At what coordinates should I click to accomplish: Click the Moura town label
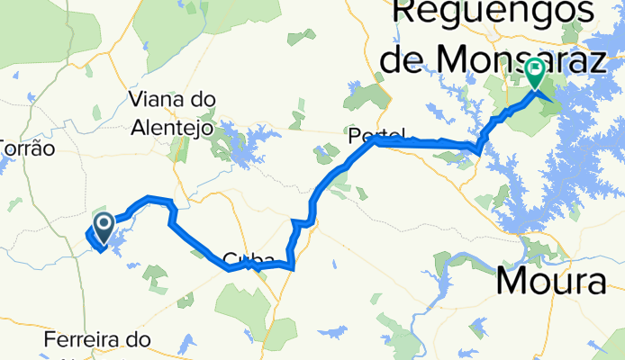tap(550, 283)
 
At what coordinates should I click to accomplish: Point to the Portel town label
tap(370, 134)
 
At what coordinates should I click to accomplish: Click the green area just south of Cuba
tap(243, 301)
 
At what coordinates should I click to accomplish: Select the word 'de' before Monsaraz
tap(402, 59)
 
